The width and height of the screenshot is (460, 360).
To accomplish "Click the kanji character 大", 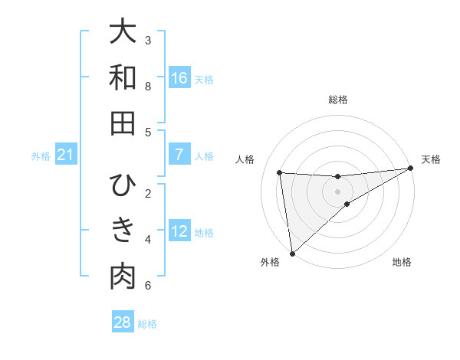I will pos(123,31).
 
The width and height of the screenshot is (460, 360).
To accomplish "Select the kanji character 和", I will pos(123,77).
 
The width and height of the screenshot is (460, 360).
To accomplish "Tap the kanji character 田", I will pos(123,123).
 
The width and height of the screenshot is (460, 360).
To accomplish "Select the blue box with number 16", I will pos(179,78).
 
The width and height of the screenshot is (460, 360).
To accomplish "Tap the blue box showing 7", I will pos(179,155).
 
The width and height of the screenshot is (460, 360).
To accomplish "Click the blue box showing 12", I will pos(179,232).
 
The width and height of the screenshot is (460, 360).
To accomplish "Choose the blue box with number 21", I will pos(65,155).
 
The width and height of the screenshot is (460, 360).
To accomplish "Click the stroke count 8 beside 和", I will pos(148,86).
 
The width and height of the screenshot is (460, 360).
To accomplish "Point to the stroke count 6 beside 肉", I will pos(148,286).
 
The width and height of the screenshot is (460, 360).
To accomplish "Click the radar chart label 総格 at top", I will pos(338,100).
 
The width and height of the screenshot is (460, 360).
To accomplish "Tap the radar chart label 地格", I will pos(402,262).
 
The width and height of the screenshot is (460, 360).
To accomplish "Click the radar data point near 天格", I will pos(412,169).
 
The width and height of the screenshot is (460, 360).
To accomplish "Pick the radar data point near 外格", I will pos(292,253).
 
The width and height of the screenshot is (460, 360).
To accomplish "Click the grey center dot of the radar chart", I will pos(338,191).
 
